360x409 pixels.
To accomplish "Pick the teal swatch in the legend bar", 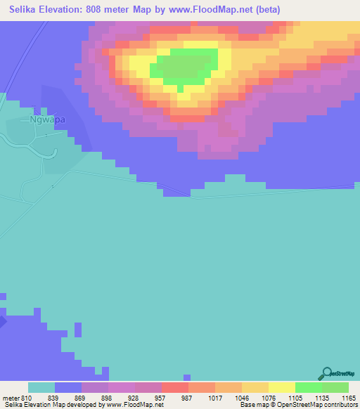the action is tap(41, 387).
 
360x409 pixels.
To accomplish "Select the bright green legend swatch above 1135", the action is tap(308, 387).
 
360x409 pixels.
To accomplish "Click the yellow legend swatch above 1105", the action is tap(281, 387).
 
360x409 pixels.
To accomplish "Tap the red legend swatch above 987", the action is tap(174, 387).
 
